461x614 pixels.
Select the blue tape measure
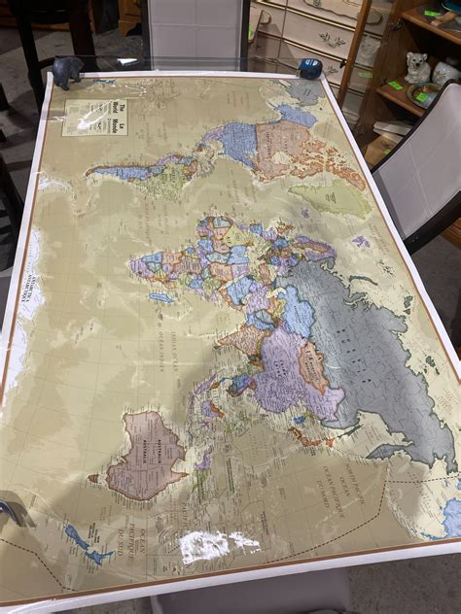(310, 69)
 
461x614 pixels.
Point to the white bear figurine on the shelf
(417, 67)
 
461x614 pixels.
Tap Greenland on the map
(331, 198)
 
